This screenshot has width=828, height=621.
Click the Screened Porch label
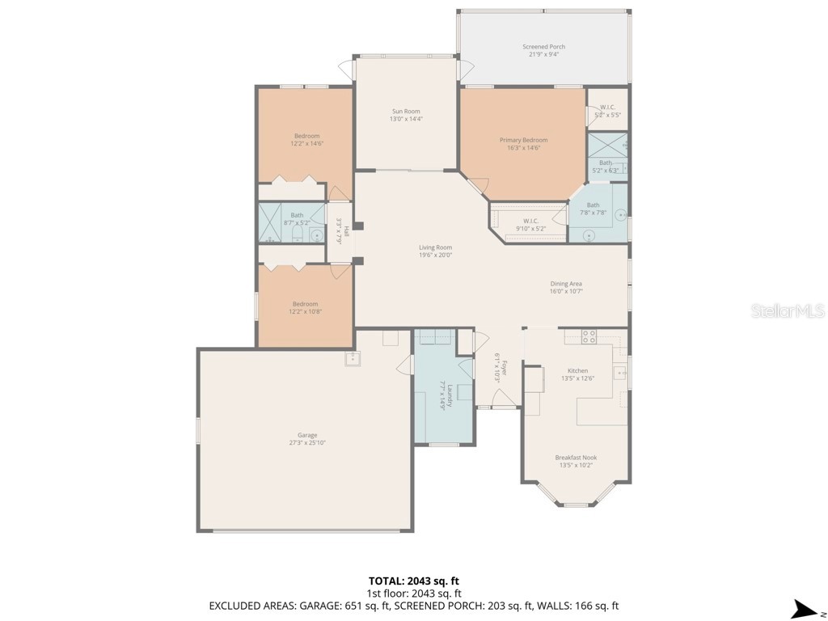click(543, 47)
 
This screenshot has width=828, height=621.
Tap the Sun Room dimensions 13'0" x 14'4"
click(406, 119)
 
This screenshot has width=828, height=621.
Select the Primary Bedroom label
click(523, 140)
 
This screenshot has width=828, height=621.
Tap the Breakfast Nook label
click(574, 458)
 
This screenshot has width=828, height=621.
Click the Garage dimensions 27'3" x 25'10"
click(306, 443)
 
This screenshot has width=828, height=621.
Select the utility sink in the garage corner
click(353, 358)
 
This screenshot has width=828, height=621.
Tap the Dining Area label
click(566, 284)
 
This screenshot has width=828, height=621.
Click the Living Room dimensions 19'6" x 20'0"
click(435, 256)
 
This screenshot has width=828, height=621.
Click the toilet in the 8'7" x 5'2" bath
click(297, 235)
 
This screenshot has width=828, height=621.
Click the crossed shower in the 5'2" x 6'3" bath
click(606, 146)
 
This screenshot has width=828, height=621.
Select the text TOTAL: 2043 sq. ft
click(413, 581)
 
